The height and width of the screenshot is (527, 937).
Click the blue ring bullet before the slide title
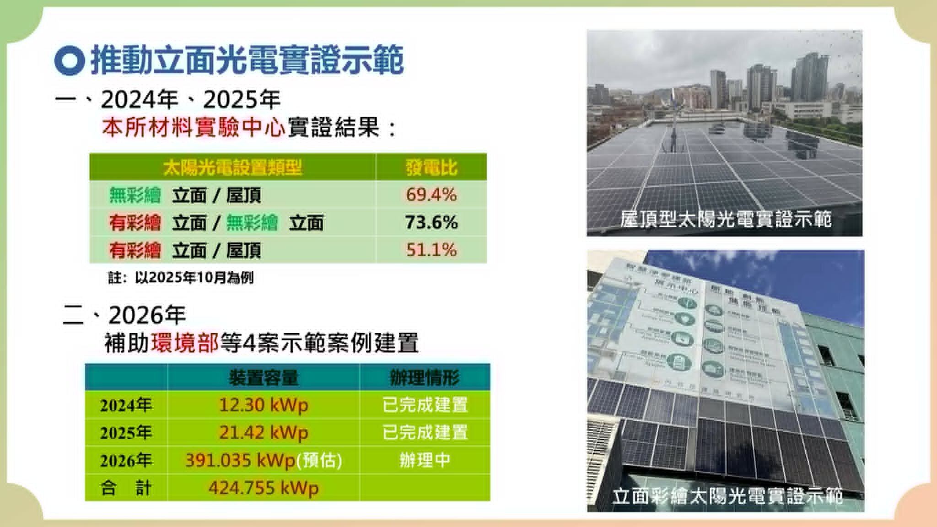coord(70,60)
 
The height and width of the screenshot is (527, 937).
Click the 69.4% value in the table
coord(431,195)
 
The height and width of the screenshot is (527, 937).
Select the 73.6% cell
coord(431,223)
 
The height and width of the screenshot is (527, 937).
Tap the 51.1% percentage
coord(431,250)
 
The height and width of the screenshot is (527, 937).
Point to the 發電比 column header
coord(431,168)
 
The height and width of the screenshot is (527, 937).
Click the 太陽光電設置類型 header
coord(232,168)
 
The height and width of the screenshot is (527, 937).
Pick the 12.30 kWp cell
coord(264,405)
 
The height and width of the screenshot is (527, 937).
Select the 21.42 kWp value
coord(264,432)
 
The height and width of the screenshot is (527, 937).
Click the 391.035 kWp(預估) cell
coord(264,460)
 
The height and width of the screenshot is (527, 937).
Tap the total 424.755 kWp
coord(264,488)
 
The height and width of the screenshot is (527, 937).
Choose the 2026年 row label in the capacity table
coord(126,460)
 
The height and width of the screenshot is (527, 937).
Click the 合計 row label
coord(126,488)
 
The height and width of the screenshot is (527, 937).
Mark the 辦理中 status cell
coord(425,460)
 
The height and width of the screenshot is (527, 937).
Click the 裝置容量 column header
coord(264,378)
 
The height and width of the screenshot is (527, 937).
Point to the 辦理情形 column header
coord(425,378)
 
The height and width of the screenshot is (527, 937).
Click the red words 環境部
coord(185,343)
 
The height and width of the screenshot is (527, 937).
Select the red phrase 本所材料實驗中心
coord(194,128)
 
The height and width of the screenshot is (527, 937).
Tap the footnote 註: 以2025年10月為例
coord(181,278)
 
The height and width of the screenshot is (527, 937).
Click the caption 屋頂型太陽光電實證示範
coord(726,219)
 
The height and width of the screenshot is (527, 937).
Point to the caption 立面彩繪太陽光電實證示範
coord(727,496)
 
